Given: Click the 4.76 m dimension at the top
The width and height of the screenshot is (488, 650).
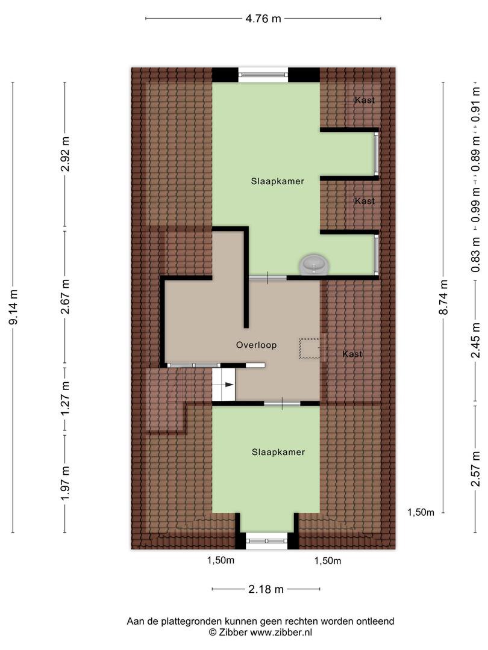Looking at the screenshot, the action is [263, 19].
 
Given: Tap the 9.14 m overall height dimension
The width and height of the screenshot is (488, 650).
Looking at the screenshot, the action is [14, 307].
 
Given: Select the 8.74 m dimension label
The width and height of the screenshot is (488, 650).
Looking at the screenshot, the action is [443, 297].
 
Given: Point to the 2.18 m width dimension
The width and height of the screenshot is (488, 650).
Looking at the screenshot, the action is [266, 589].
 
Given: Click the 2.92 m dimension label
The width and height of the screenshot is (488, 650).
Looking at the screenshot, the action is [65, 153].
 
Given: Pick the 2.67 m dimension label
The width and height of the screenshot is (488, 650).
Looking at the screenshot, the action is [65, 296].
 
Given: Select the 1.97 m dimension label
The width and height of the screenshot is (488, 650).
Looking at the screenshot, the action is [65, 483].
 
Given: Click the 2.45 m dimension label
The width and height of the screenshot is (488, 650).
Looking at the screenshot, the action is [475, 340].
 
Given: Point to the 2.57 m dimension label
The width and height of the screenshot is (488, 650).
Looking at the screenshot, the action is [475, 468].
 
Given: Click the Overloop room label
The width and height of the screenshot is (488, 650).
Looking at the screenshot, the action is [257, 345].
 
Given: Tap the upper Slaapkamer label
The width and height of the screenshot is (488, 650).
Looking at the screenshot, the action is [278, 181].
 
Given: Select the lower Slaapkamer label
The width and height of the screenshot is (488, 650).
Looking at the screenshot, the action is [278, 452].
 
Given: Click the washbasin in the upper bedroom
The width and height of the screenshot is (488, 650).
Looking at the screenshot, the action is [314, 264].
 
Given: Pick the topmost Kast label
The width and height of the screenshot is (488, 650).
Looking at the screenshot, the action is [364, 100].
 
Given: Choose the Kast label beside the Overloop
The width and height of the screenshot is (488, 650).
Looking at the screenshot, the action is [352, 354].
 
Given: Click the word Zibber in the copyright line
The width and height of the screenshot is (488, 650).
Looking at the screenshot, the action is [233, 633].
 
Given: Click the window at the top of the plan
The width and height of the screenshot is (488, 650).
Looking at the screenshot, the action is [263, 75].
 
